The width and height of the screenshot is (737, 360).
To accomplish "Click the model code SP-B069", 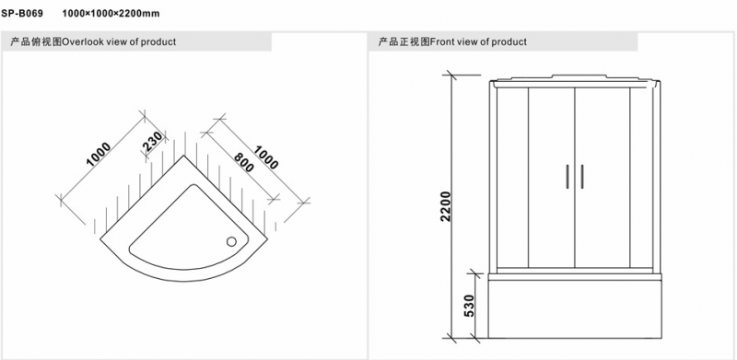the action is point(22,13).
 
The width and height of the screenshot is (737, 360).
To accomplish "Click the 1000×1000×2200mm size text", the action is point(111,13).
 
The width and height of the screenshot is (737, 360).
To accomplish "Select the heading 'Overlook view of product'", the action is point(119,41).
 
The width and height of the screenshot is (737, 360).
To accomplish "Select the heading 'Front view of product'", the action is point(478,41).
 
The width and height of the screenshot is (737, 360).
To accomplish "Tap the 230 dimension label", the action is point(154,142).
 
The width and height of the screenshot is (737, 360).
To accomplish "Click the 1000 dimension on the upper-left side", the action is point(99,154).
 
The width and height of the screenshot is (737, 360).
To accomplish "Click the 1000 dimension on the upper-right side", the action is point(265,157).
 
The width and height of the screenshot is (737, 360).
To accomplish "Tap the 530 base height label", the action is point(469,306).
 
